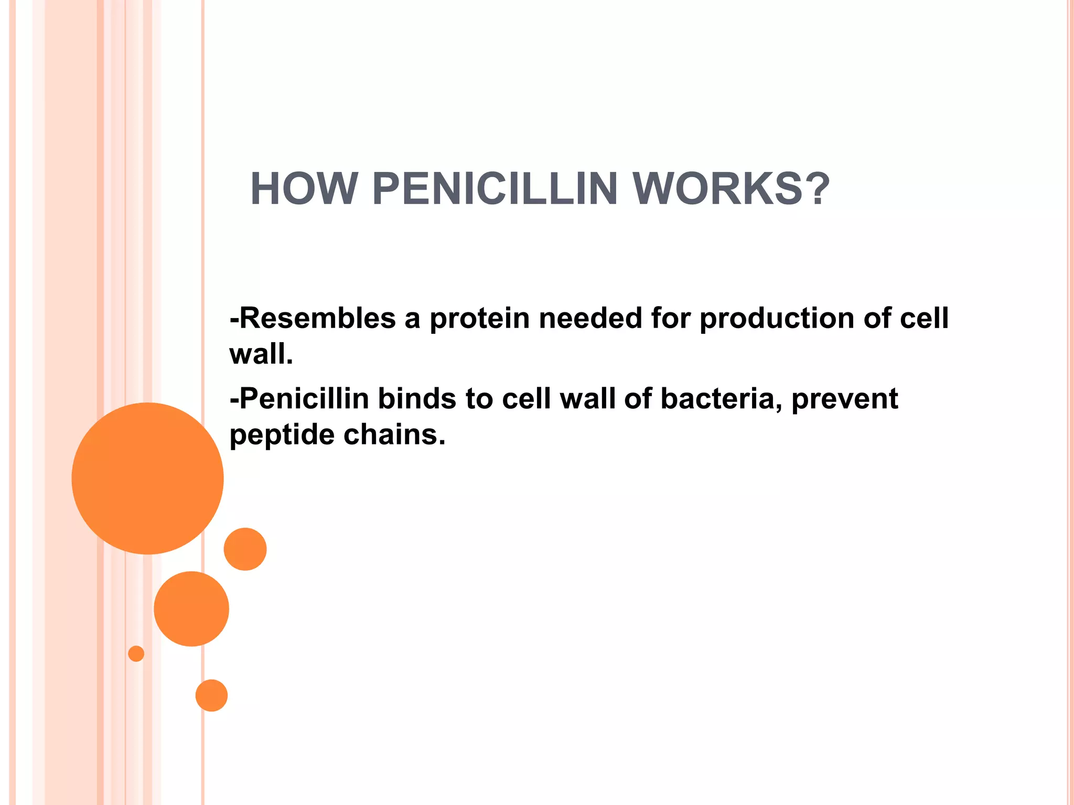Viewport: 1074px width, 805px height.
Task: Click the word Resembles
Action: tap(317, 318)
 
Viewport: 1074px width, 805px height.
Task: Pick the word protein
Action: tap(479, 319)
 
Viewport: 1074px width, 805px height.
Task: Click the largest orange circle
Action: tap(147, 478)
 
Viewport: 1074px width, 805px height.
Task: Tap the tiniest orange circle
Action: tap(136, 654)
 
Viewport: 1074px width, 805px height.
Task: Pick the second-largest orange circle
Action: tap(191, 608)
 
